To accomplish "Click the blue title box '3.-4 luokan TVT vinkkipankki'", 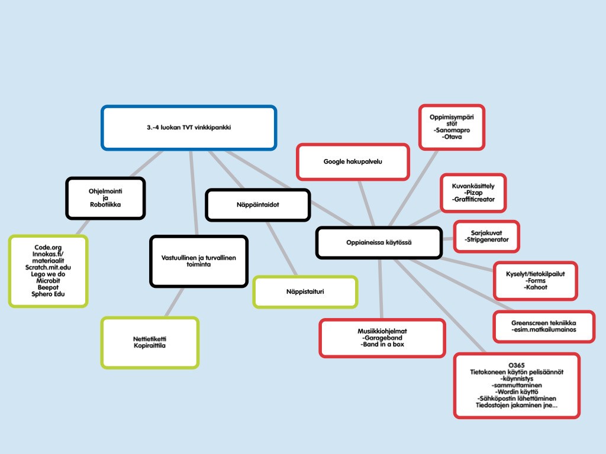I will [188, 127].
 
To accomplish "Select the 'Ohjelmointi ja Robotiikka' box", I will [105, 198].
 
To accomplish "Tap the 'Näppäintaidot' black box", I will [257, 205].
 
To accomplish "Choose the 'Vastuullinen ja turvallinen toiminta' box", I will [198, 261].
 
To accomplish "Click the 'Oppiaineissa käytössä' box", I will [379, 242].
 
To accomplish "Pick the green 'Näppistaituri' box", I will [305, 292].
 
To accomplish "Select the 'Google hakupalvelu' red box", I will [353, 161].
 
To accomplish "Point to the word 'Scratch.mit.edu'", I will [48, 267].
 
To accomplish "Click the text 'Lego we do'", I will [48, 274].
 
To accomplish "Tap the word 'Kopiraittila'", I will [150, 345].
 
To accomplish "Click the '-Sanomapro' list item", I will [452, 130].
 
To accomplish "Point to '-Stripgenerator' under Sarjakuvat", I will [486, 239].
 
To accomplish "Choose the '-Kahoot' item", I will [536, 287].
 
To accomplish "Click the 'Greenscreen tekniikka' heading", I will [543, 323].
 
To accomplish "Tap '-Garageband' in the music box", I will [382, 338].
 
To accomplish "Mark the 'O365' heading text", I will [517, 365].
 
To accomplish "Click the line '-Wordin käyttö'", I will [517, 392].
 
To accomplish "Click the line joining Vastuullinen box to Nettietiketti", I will [175, 302].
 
